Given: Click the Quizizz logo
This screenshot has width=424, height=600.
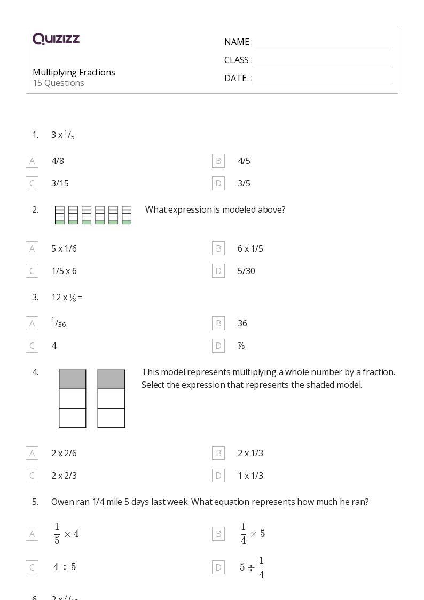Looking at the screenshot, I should (56, 39).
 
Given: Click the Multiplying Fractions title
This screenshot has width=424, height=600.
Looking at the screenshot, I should (74, 72).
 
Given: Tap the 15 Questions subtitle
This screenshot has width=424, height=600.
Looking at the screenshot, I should (58, 83).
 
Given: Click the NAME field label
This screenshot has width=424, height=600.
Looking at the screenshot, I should (238, 42).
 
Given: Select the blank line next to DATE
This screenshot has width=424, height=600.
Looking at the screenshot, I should (323, 79).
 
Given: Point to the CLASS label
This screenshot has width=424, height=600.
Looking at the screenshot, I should (238, 60).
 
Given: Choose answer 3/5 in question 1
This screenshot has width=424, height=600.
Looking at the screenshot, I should (244, 184).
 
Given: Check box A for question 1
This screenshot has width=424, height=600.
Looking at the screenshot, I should (32, 161).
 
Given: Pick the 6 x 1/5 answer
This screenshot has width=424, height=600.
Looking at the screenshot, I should (250, 248).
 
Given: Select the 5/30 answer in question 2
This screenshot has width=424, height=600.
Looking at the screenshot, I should (246, 271).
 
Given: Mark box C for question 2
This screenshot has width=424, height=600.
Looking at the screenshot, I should (32, 271).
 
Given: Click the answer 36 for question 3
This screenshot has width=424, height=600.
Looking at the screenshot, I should (242, 323).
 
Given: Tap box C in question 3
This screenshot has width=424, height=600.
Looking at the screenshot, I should (32, 346).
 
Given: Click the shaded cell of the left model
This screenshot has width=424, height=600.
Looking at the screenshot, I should (73, 379).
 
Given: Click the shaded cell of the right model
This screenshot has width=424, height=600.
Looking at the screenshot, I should (111, 379).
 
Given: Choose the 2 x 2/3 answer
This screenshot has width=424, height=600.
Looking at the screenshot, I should (64, 476).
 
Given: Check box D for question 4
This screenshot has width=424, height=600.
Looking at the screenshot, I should (218, 476).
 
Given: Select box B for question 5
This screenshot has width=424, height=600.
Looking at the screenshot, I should (218, 534).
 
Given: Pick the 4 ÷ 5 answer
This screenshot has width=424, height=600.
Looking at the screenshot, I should (65, 567).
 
